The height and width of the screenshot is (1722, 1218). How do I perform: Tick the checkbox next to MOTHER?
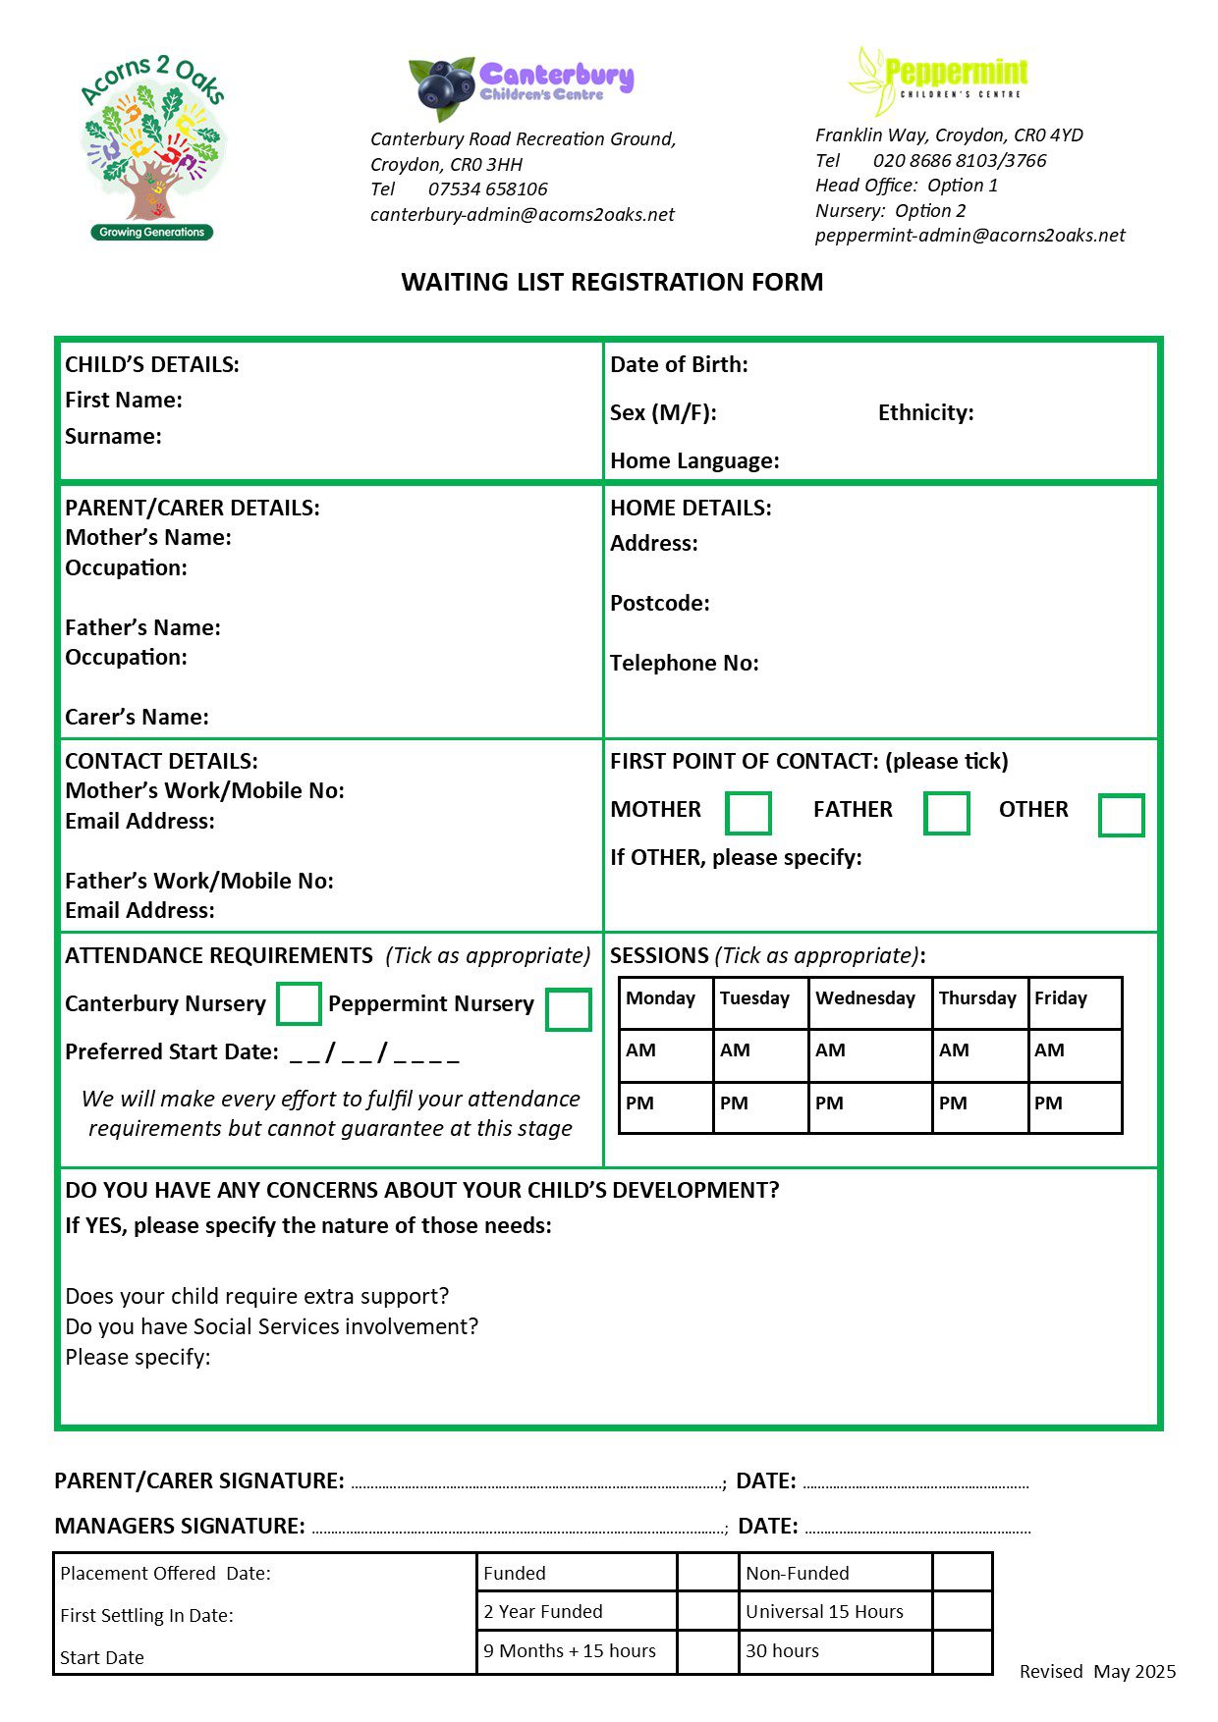pyautogui.click(x=747, y=814)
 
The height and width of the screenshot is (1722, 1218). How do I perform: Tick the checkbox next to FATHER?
pyautogui.click(x=946, y=814)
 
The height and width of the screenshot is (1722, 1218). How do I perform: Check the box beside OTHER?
pyautogui.click(x=1121, y=815)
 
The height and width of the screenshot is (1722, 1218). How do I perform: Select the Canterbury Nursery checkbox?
pyautogui.click(x=299, y=1003)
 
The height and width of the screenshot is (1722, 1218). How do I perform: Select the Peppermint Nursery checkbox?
pyautogui.click(x=568, y=1009)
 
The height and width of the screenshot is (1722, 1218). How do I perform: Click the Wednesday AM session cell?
pyautogui.click(x=869, y=1055)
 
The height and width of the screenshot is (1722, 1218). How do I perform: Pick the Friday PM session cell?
pyautogui.click(x=1075, y=1107)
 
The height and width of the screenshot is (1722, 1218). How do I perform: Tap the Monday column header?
pyautogui.click(x=665, y=1002)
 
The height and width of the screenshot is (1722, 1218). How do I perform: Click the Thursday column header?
pyautogui.click(x=979, y=1002)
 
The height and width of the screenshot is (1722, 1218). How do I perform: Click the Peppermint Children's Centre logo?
pyautogui.click(x=938, y=79)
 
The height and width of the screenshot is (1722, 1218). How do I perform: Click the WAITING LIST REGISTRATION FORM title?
pyautogui.click(x=612, y=282)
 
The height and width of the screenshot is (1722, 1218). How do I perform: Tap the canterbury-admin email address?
pyautogui.click(x=522, y=214)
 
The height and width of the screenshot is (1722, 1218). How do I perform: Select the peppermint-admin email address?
pyautogui.click(x=969, y=235)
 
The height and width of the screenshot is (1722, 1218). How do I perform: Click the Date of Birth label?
pyautogui.click(x=679, y=364)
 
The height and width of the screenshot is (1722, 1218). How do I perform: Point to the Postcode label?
pyautogui.click(x=659, y=603)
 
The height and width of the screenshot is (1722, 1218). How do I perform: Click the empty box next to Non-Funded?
pyautogui.click(x=961, y=1572)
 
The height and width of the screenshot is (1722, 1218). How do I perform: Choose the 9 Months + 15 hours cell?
pyautogui.click(x=576, y=1651)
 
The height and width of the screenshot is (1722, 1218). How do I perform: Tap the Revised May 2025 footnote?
pyautogui.click(x=1096, y=1671)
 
